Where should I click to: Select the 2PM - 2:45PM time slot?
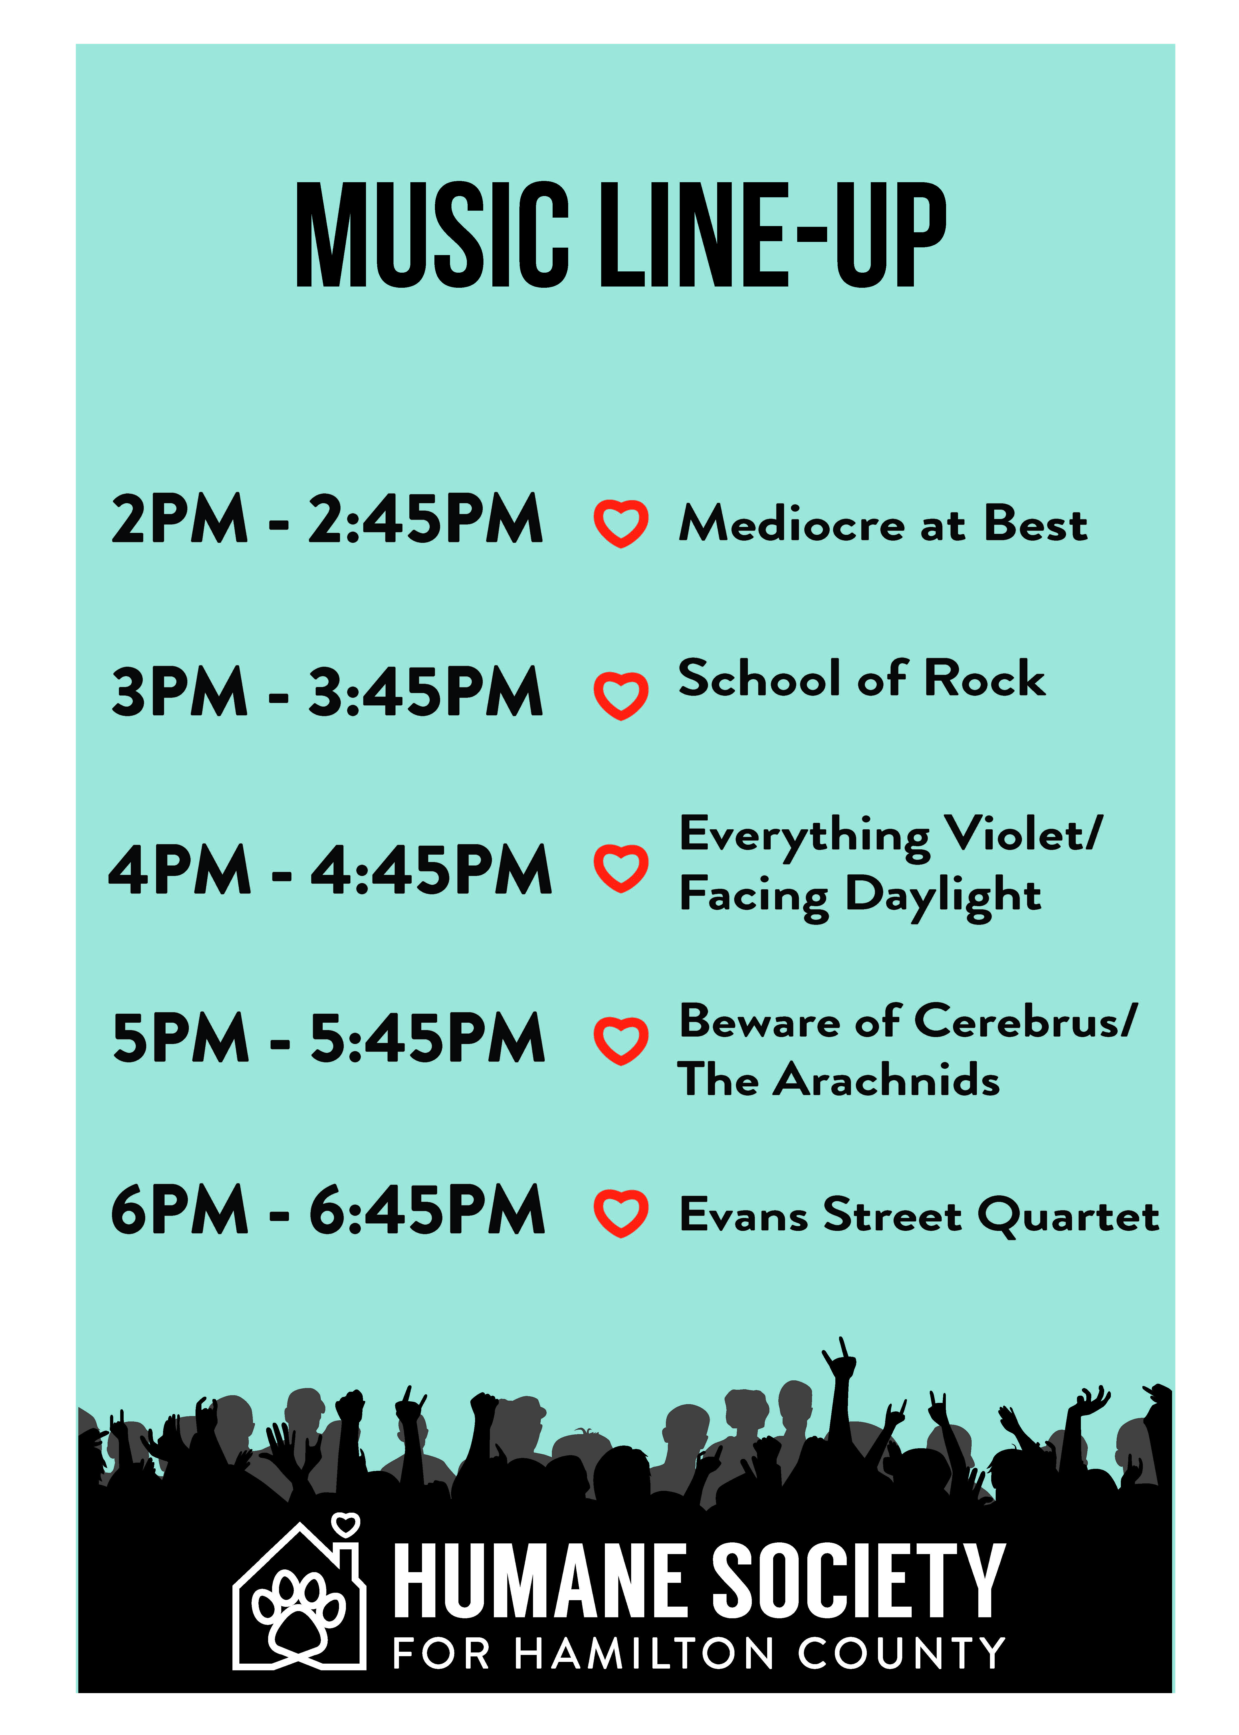(327, 519)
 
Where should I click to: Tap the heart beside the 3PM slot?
(621, 696)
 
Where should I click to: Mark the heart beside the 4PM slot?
(621, 868)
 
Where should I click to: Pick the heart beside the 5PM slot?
(621, 1041)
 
